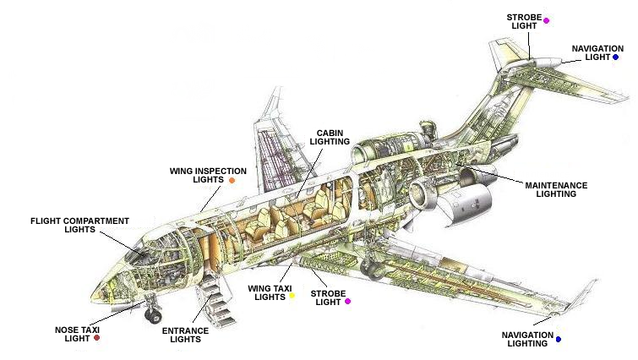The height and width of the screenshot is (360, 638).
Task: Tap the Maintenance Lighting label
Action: click(556, 188)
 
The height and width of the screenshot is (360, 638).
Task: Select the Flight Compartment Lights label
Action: click(79, 225)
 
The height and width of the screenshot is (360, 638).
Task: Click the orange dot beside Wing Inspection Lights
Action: click(232, 180)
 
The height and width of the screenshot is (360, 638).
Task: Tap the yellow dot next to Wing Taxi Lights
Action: click(292, 296)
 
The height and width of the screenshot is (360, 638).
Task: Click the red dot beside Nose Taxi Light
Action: click(97, 337)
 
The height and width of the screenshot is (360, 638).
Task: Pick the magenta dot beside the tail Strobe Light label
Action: click(547, 20)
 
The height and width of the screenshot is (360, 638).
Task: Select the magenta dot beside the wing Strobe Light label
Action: click(347, 301)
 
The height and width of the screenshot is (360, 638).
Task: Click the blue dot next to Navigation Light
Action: click(616, 57)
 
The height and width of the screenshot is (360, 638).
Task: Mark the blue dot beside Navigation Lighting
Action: click(559, 339)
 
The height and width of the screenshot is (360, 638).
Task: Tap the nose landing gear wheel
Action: click(154, 316)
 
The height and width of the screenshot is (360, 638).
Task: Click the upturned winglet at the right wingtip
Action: click(595, 288)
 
